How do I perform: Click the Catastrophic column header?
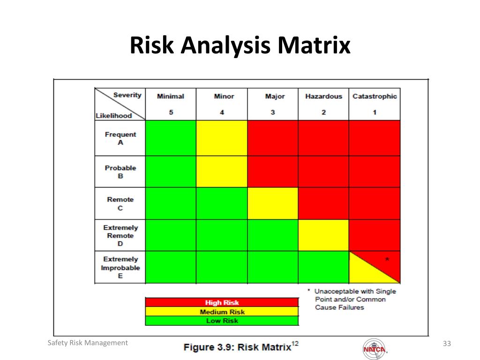pyautogui.click(x=375, y=96)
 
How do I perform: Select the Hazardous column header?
pyautogui.click(x=323, y=96)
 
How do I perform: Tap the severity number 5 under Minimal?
pyautogui.click(x=171, y=112)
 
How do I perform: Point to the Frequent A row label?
pyautogui.click(x=120, y=138)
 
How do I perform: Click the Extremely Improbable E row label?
pyautogui.click(x=120, y=267)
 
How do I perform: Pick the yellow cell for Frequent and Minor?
pyautogui.click(x=222, y=138)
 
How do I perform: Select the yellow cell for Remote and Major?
pyautogui.click(x=273, y=203)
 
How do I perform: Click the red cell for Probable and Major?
pyautogui.click(x=273, y=172)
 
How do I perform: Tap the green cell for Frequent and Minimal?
pyautogui.click(x=171, y=138)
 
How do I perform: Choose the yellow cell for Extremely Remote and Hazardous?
pyautogui.click(x=323, y=235)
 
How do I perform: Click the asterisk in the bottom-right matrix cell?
pyautogui.click(x=387, y=259)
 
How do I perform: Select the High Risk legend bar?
pyautogui.click(x=222, y=302)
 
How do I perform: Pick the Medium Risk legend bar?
pyautogui.click(x=222, y=312)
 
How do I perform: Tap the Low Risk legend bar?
pyautogui.click(x=222, y=321)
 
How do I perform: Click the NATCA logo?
pyautogui.click(x=375, y=349)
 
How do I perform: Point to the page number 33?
pyautogui.click(x=447, y=344)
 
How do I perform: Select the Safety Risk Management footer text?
pyautogui.click(x=88, y=343)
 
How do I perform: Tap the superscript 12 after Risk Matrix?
pyautogui.click(x=295, y=344)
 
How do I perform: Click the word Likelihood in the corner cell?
pyautogui.click(x=113, y=116)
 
